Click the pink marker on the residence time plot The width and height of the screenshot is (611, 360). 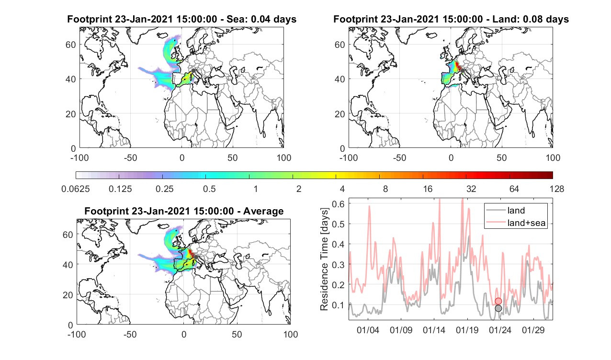click(x=498, y=301)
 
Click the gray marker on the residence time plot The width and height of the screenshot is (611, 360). click(x=498, y=308)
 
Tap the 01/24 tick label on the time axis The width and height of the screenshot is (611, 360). click(x=500, y=330)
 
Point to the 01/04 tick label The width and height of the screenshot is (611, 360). click(x=368, y=330)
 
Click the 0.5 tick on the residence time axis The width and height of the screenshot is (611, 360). click(x=339, y=224)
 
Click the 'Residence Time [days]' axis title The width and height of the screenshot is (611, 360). click(x=324, y=259)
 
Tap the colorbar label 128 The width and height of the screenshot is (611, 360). click(x=557, y=189)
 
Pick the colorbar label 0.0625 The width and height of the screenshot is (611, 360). click(x=76, y=189)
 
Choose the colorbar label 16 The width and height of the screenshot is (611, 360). click(x=428, y=189)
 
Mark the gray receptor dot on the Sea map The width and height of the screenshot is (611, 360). click(x=193, y=71)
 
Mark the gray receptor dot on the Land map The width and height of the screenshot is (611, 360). click(x=463, y=71)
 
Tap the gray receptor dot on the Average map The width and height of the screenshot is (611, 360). click(x=196, y=257)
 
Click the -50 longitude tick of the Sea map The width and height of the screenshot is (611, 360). click(x=131, y=157)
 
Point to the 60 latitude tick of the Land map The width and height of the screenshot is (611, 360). click(x=340, y=45)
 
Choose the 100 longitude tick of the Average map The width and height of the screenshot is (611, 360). click(x=291, y=334)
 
